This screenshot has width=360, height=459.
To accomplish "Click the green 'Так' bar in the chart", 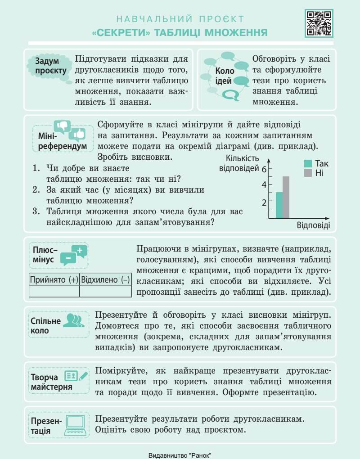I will pyautogui.click(x=279, y=205).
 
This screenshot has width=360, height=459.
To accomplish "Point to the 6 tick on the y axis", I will pyautogui.click(x=264, y=169).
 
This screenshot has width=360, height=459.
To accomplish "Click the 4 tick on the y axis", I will pyautogui.click(x=264, y=185).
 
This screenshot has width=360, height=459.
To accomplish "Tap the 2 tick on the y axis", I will pyautogui.click(x=264, y=202).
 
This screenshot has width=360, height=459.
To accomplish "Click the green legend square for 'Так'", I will pyautogui.click(x=308, y=164).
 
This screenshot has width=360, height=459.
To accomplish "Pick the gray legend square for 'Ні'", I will pyautogui.click(x=308, y=173).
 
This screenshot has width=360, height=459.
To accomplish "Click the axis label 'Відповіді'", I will pyautogui.click(x=313, y=225).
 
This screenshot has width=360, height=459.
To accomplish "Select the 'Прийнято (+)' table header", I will pyautogui.click(x=54, y=279).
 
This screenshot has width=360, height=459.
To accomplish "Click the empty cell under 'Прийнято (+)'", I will pyautogui.click(x=54, y=291).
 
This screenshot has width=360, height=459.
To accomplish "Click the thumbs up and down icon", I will pyautogui.click(x=69, y=130).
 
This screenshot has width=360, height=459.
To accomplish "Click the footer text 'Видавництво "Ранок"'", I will pyautogui.click(x=180, y=455).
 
